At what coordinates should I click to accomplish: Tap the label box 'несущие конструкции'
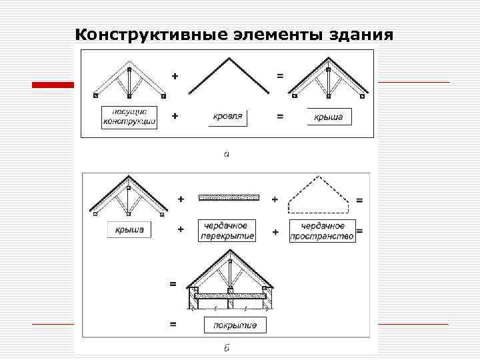pyautogui.click(x=129, y=117)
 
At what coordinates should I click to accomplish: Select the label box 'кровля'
pyautogui.click(x=227, y=117)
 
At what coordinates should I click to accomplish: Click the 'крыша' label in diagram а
pyautogui.click(x=329, y=117)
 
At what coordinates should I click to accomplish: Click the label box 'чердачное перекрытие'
pyautogui.click(x=227, y=231)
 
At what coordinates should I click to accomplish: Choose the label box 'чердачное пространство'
pyautogui.click(x=322, y=231)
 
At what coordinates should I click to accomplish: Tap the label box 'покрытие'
pyautogui.click(x=235, y=325)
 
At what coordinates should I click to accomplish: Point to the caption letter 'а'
pyautogui.click(x=227, y=154)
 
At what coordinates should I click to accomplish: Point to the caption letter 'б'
pyautogui.click(x=227, y=347)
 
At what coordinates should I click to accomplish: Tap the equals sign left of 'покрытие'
pyautogui.click(x=173, y=325)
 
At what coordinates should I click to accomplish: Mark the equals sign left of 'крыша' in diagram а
pyautogui.click(x=280, y=116)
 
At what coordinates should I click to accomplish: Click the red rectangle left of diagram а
pyautogui.click(x=53, y=85)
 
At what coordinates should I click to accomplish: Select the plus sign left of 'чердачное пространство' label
pyautogui.click(x=275, y=231)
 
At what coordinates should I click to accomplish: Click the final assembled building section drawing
pyautogui.click(x=229, y=281)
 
